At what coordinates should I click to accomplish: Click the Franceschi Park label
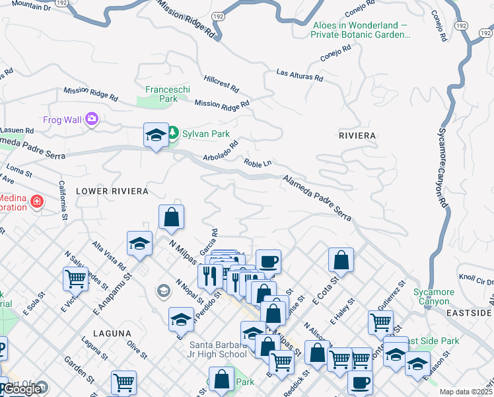[x=161, y=93]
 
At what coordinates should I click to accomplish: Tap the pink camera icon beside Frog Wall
[x=91, y=119]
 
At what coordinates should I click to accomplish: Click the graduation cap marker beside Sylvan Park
[x=156, y=135]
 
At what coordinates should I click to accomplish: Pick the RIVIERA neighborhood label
[x=357, y=136]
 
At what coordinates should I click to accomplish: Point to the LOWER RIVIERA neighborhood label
[x=112, y=191]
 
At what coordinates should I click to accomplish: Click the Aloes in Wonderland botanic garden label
[x=360, y=30]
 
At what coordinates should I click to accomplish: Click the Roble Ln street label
[x=258, y=163]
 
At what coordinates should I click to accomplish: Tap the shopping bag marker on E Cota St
[x=341, y=259]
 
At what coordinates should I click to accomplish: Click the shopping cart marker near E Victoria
[x=75, y=279]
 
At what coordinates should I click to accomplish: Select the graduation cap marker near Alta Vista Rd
[x=140, y=243]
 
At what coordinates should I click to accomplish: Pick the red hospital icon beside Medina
[x=37, y=200]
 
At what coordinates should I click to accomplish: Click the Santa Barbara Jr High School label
[x=218, y=349]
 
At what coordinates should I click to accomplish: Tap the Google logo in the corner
[x=22, y=389]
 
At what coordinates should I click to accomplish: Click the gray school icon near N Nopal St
[x=163, y=290]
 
